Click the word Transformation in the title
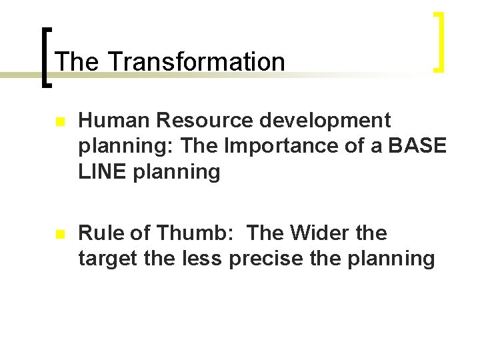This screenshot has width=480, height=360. pyautogui.click(x=195, y=62)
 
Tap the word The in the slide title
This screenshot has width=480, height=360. pyautogui.click(x=77, y=62)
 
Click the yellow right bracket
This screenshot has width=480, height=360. pyautogui.click(x=438, y=41)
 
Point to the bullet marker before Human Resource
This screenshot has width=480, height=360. pyautogui.click(x=60, y=123)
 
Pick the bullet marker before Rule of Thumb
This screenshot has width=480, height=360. pyautogui.click(x=60, y=235)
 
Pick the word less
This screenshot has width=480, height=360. pyautogui.click(x=203, y=259)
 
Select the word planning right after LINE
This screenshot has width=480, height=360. pyautogui.click(x=176, y=173)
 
